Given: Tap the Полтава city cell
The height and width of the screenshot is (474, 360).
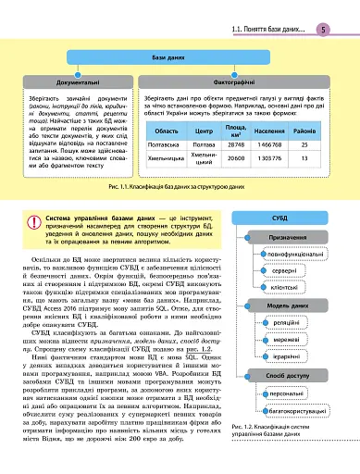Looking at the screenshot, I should (203, 145).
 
